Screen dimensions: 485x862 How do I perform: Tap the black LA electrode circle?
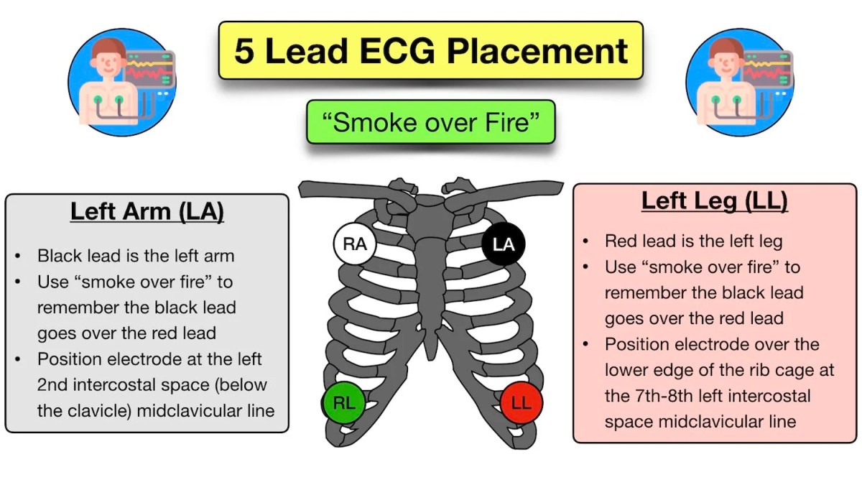click(x=504, y=244)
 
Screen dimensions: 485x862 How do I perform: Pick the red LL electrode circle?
click(x=521, y=403)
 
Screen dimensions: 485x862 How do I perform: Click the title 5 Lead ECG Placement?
click(x=431, y=51)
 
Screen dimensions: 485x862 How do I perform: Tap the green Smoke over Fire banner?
click(x=431, y=122)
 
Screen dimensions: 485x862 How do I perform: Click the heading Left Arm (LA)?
click(x=147, y=213)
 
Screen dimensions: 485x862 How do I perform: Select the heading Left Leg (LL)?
click(x=714, y=201)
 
